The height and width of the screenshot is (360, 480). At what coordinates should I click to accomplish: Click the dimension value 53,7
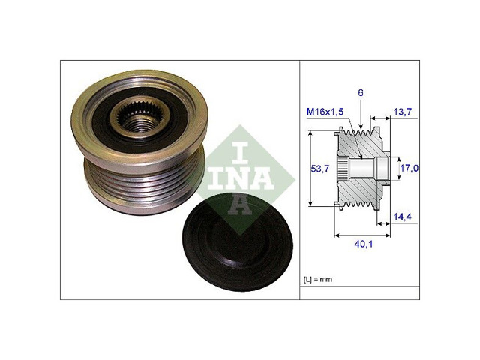tap(320, 168)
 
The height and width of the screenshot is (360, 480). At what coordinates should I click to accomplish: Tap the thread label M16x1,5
tap(325, 112)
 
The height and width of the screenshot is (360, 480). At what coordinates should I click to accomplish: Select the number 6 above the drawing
tap(361, 93)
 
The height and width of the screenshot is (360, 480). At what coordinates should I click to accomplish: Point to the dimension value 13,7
tap(402, 112)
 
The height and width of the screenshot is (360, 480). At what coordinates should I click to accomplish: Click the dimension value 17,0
tap(409, 168)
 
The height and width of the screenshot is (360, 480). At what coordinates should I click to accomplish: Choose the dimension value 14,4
tap(403, 217)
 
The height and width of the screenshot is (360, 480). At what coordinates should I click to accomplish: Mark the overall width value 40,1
tap(363, 244)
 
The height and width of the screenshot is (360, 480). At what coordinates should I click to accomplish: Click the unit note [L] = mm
tap(318, 279)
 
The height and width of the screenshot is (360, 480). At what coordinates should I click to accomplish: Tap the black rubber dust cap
tap(238, 241)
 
